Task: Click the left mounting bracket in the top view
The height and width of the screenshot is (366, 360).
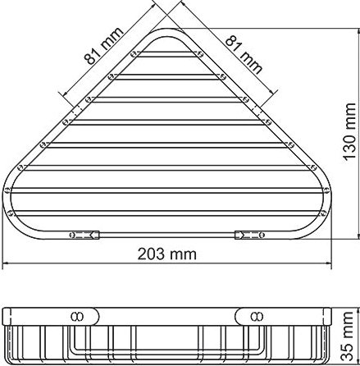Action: click(x=85, y=235)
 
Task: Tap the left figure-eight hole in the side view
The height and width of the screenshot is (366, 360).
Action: click(x=77, y=314)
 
